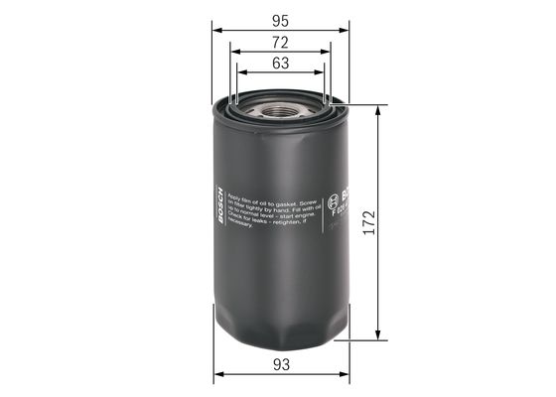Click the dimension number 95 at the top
click(281, 19)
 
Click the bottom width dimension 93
click(281, 364)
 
